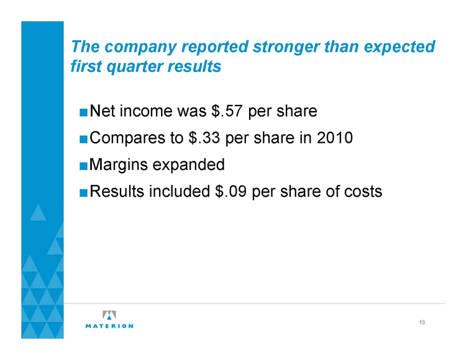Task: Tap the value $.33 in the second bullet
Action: tap(204, 138)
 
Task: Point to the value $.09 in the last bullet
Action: tap(231, 191)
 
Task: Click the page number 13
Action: tap(422, 322)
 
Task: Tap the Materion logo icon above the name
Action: tap(109, 315)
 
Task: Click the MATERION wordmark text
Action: tap(109, 326)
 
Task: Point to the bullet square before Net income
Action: tap(83, 112)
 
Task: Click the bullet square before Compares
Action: tap(83, 139)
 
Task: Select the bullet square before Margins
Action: tap(83, 166)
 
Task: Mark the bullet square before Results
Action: tap(83, 192)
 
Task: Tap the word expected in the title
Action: tap(399, 48)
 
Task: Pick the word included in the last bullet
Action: tap(180, 191)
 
